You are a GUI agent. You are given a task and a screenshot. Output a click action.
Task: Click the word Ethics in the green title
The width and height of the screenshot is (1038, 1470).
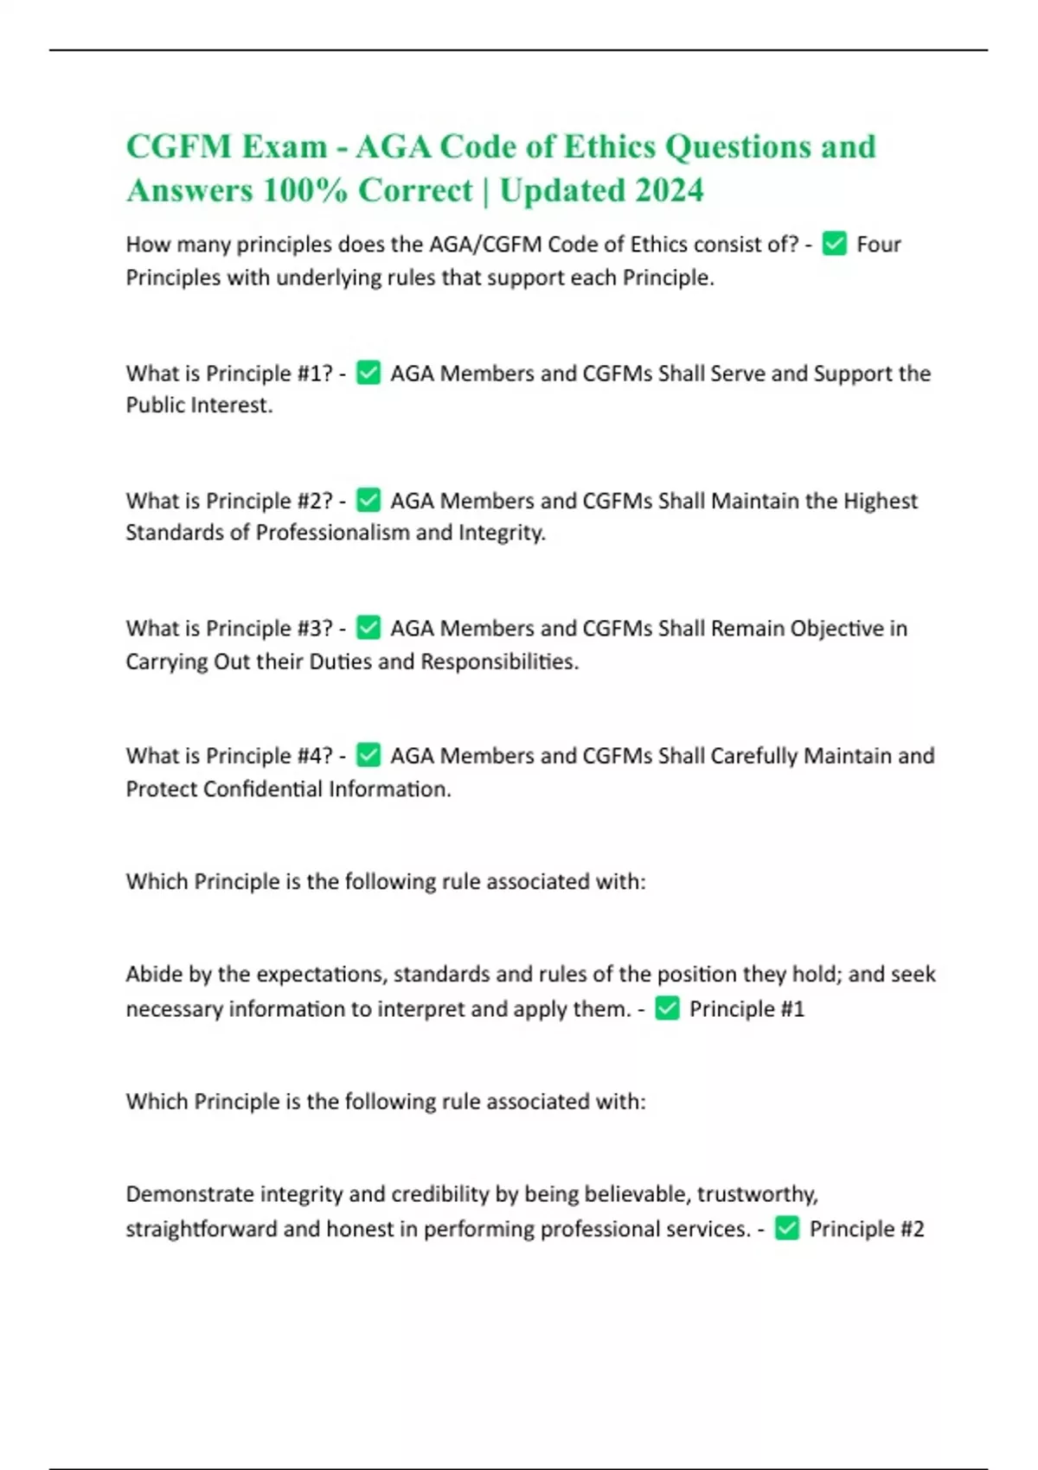[x=609, y=147]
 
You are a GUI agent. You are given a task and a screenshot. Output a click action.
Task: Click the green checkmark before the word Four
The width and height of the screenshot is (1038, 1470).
[x=834, y=244]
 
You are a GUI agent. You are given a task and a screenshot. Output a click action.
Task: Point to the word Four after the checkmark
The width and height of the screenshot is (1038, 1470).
[x=879, y=245]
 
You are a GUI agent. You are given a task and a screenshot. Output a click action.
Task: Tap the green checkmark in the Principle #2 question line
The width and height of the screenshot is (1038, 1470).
[x=368, y=500]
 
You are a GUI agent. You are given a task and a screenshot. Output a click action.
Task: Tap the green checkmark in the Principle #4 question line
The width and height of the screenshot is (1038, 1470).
[x=368, y=755]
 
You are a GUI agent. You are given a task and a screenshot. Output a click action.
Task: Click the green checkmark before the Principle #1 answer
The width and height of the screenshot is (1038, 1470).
[x=667, y=1008]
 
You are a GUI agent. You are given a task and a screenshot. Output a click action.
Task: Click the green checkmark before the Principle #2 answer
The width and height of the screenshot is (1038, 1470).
[x=787, y=1229]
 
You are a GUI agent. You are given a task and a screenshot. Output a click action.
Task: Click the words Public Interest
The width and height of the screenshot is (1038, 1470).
[x=198, y=406]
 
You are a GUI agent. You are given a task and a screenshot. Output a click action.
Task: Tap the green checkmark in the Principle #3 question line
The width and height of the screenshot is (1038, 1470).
[x=368, y=628]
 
